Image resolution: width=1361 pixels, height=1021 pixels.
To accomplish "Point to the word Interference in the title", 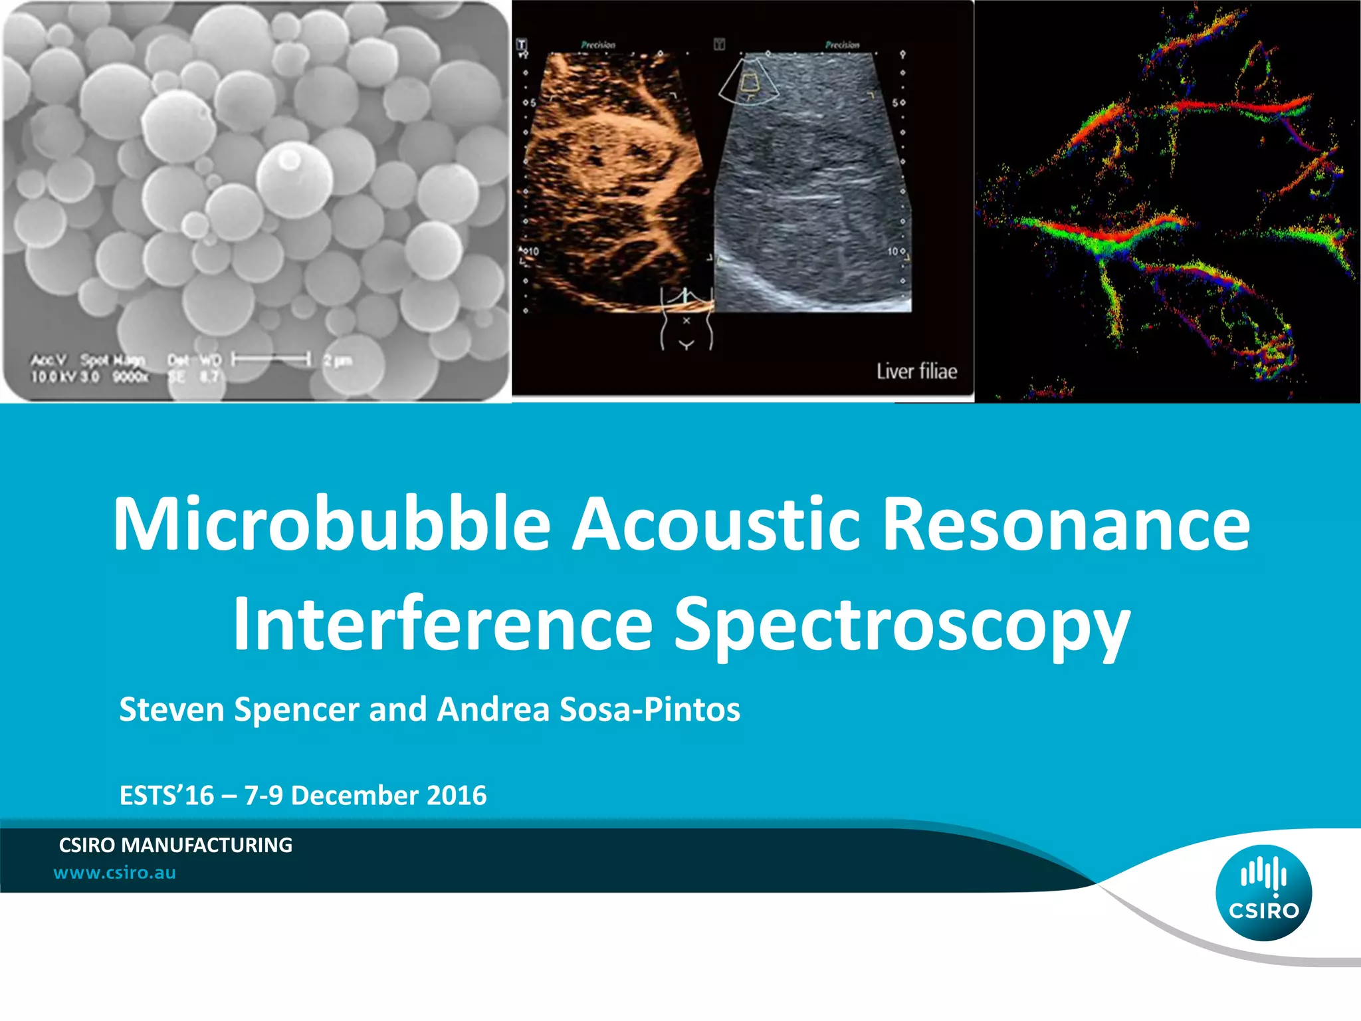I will point(442,625).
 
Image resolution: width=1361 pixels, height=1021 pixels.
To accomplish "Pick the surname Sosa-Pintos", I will point(649,709).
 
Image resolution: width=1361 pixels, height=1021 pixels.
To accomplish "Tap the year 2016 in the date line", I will point(457,796).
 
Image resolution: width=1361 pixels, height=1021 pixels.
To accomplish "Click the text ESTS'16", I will point(166,796).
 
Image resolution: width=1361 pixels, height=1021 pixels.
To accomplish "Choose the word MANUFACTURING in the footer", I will point(207,845).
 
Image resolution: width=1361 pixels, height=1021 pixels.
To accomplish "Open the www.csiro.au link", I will point(114,873).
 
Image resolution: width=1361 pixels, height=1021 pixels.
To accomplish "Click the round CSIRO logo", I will point(1263,893).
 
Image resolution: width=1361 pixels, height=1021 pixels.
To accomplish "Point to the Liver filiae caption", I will point(916,371).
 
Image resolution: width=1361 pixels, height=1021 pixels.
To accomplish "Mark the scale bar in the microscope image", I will point(271,360).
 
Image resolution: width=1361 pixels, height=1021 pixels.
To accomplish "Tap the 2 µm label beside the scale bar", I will point(338,360).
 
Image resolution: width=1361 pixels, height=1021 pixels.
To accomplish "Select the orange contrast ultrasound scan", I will point(615,179).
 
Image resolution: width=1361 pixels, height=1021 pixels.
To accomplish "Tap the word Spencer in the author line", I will point(296,709).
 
